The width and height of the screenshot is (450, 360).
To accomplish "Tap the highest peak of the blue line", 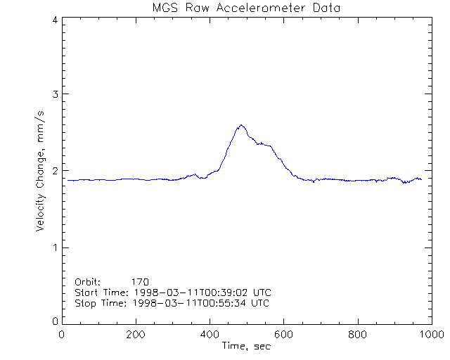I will tap(241, 125).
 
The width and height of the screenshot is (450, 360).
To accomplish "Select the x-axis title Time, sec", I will tap(245, 346).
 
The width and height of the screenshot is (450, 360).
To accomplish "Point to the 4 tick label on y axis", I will tap(54, 20).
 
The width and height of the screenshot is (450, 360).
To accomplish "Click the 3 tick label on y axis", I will tap(54, 94).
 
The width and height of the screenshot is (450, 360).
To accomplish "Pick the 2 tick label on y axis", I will tap(54, 171).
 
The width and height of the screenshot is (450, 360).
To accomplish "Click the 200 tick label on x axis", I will tap(136, 335).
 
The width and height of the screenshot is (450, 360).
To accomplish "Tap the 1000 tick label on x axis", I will tap(430, 335).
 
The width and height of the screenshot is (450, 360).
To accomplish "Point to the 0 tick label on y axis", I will tap(54, 321).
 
